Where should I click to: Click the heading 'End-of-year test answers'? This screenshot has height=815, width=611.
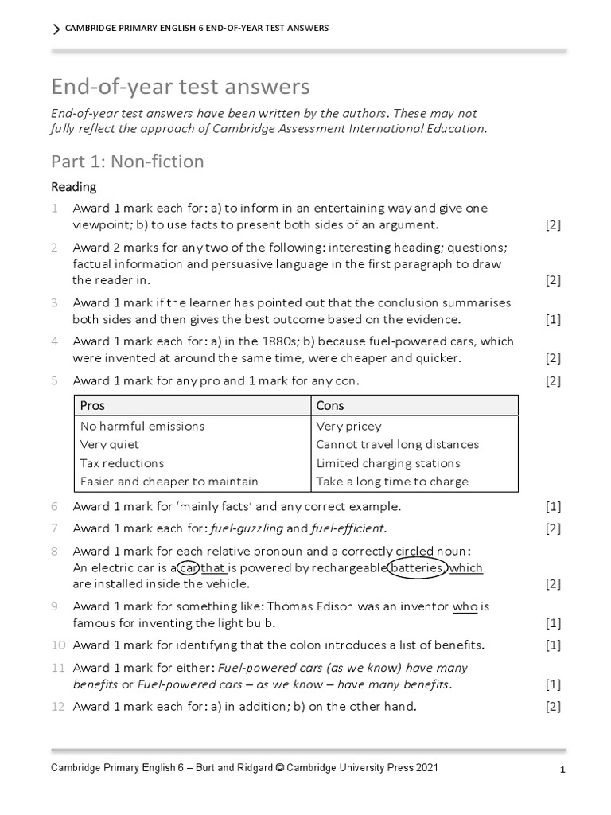coord(181,86)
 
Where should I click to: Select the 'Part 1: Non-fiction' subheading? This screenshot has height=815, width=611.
coord(127,162)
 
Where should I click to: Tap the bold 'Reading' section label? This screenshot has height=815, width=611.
coord(74,187)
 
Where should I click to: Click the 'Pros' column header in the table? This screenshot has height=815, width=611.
coord(92,405)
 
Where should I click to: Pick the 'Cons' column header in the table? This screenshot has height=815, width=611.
coord(330,405)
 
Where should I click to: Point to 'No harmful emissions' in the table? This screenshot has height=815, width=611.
coord(142,426)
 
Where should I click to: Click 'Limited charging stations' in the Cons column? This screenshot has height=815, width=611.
coord(388,463)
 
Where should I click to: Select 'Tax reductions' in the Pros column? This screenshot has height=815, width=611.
coord(122,463)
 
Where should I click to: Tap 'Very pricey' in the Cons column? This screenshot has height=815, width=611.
coord(348,426)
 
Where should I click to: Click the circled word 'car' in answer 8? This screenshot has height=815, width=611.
coord(187,567)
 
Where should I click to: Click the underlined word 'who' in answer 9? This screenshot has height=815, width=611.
coord(465,606)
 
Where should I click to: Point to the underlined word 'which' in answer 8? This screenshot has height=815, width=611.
coord(466,567)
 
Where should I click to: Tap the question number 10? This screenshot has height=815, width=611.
coord(57,645)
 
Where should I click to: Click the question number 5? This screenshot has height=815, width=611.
coord(55,381)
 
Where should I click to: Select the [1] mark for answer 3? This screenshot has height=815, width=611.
coord(553,320)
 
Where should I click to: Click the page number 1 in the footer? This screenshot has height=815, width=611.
coord(562,770)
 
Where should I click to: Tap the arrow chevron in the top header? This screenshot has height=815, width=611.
coord(56,29)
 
